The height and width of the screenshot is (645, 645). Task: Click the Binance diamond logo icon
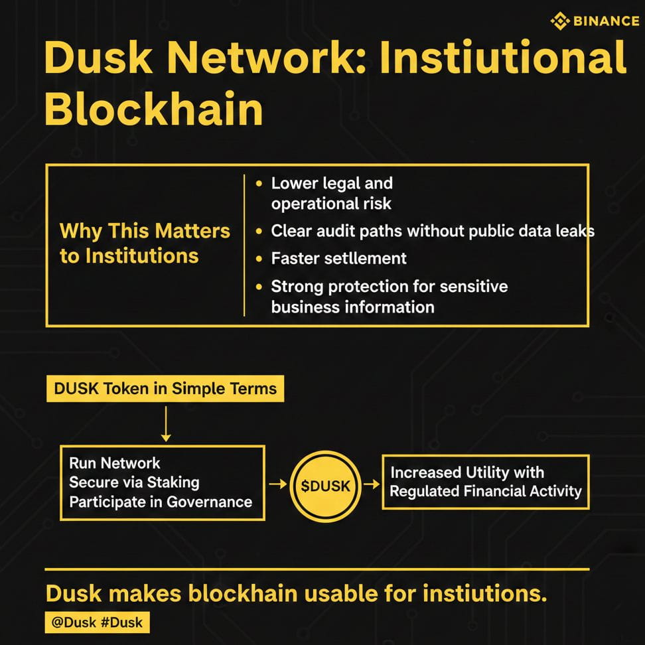pyautogui.click(x=560, y=21)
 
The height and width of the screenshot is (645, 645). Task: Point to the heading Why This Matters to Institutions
pyautogui.click(x=145, y=244)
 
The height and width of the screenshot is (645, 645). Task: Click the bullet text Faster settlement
pyautogui.click(x=338, y=258)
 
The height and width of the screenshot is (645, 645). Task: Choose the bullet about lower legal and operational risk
pyautogui.click(x=331, y=193)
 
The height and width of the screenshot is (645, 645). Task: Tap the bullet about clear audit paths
pyautogui.click(x=432, y=231)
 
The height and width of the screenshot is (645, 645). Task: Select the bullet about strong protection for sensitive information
pyautogui.click(x=389, y=297)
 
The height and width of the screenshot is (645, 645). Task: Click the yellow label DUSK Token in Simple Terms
pyautogui.click(x=165, y=389)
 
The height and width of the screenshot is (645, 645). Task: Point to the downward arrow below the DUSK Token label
pyautogui.click(x=166, y=424)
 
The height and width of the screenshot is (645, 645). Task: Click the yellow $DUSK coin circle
pyautogui.click(x=325, y=486)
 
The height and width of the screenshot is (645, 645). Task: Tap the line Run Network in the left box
pyautogui.click(x=115, y=463)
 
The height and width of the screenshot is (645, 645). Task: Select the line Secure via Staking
pyautogui.click(x=134, y=482)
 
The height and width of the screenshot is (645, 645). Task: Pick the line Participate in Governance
pyautogui.click(x=161, y=502)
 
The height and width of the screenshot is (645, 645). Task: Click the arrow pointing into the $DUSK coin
pyautogui.click(x=277, y=486)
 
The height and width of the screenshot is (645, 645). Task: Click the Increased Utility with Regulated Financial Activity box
pyautogui.click(x=485, y=482)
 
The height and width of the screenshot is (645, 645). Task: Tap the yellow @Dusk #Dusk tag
pyautogui.click(x=98, y=622)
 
